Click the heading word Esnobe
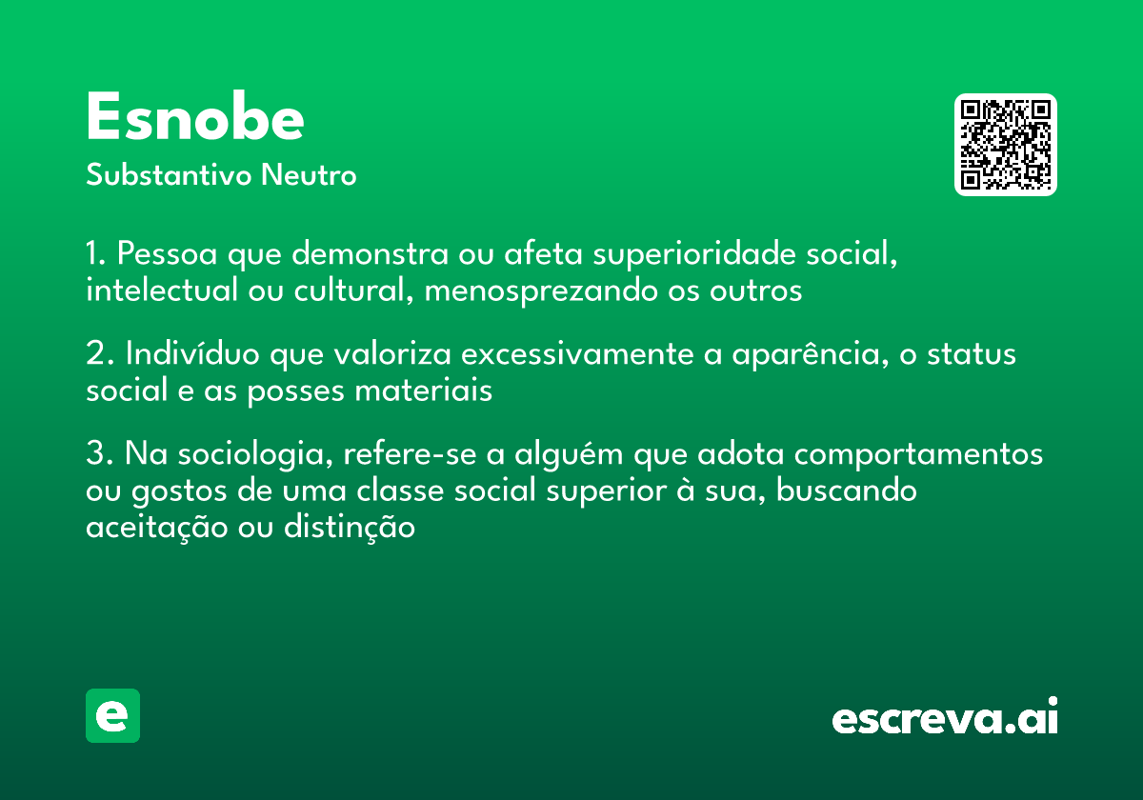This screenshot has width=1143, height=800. coord(195,116)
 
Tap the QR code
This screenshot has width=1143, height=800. coord(1005,145)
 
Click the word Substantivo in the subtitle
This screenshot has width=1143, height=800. coord(169,174)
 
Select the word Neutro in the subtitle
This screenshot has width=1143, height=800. coord(309,174)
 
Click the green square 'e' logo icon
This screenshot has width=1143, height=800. coord(112,715)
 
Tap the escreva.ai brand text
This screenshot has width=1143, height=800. coord(945,715)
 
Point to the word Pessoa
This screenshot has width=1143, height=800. coord(168,253)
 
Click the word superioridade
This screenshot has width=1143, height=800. coord(694,253)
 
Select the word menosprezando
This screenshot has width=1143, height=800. coord(541,290)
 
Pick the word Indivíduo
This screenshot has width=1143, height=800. coord(192,353)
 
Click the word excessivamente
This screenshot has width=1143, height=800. coord(577,354)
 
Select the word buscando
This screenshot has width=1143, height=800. coord(847,490)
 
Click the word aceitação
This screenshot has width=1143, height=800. coord(156,528)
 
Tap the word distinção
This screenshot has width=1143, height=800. coord(350,527)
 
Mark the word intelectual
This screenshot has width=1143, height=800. coord(162,290)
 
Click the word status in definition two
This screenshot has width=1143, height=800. coord(972,354)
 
